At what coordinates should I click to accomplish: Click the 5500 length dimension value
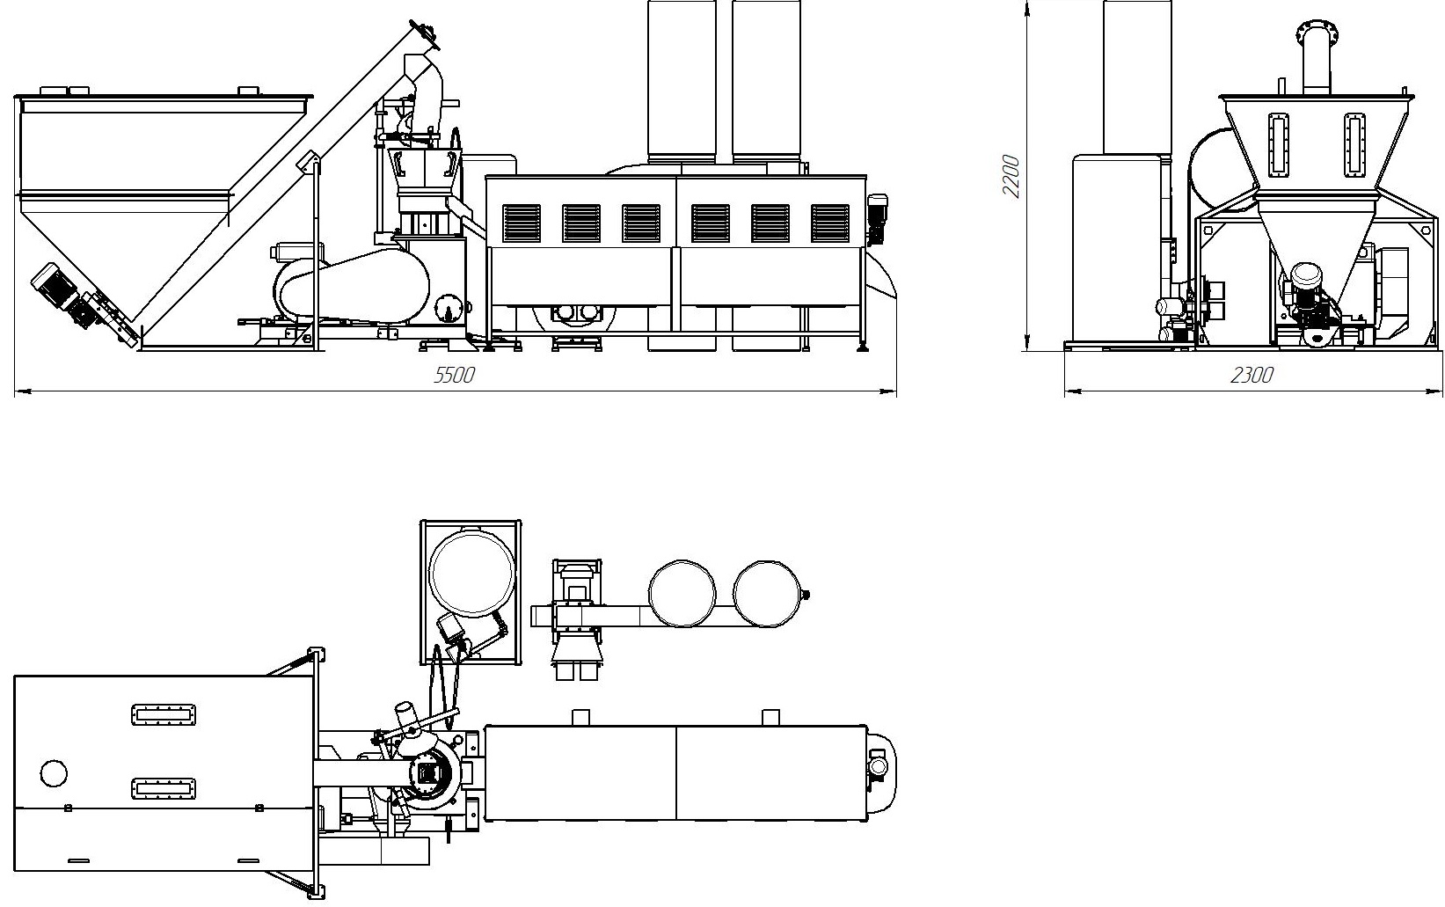[x=454, y=375]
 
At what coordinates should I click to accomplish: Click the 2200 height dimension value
[x=1011, y=176]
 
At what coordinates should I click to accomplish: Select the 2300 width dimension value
[x=1252, y=375]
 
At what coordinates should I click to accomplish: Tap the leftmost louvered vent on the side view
[x=522, y=223]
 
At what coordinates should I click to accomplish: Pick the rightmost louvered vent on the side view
[x=830, y=223]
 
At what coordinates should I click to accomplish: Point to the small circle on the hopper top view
[x=54, y=772]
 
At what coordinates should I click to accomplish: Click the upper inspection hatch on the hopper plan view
[x=164, y=714]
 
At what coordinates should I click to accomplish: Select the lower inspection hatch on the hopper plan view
[x=164, y=788]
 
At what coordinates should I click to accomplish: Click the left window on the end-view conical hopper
[x=1278, y=144]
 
